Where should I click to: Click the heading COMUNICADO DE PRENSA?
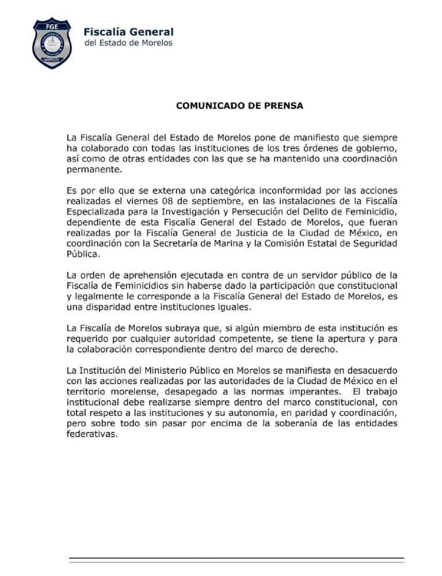click(239, 106)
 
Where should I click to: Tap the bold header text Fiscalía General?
click(128, 32)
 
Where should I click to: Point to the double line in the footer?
click(236, 559)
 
